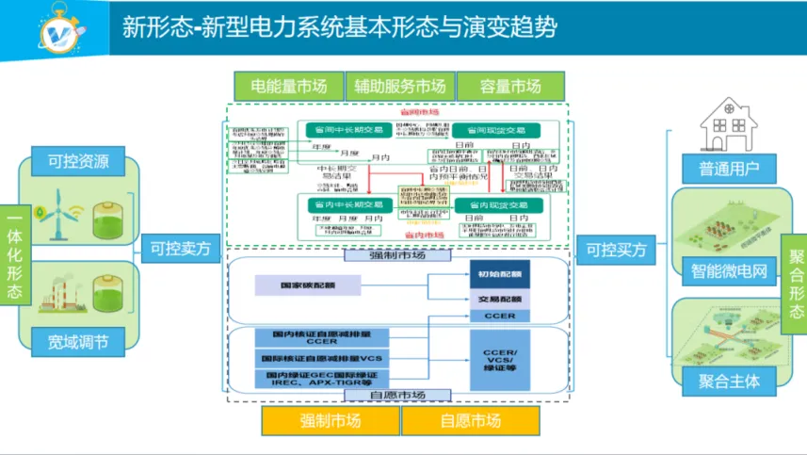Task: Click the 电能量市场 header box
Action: [288, 87]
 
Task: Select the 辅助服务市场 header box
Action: [400, 87]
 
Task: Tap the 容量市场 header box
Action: [511, 87]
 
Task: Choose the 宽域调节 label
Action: [79, 339]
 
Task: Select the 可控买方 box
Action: [618, 250]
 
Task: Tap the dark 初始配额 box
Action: [498, 273]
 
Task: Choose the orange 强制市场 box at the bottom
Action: [330, 420]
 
